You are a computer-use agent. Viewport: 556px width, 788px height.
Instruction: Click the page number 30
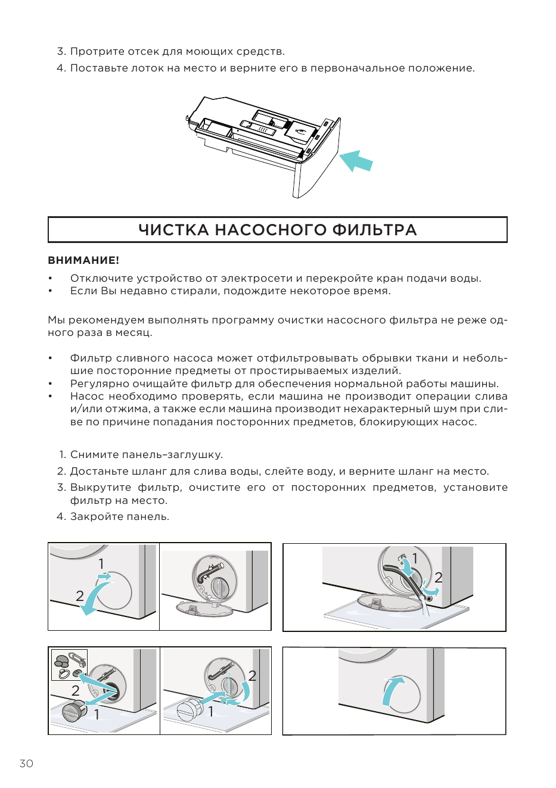pos(26,764)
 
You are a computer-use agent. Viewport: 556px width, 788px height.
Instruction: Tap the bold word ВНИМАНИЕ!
pos(83,260)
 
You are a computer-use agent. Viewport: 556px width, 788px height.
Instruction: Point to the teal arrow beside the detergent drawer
pos(356,161)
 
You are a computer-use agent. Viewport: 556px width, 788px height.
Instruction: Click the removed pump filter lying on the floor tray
pos(73,711)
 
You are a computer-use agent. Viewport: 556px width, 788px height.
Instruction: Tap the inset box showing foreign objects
pos(69,665)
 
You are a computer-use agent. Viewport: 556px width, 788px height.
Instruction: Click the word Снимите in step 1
pos(94,454)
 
